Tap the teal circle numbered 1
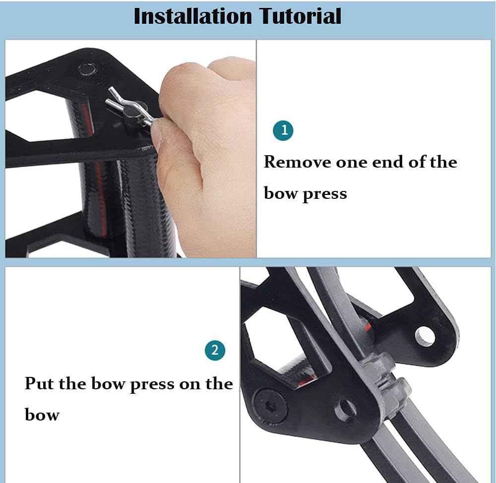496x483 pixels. (284, 130)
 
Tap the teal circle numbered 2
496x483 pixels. (215, 350)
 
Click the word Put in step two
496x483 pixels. (39, 384)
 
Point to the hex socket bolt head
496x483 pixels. (270, 404)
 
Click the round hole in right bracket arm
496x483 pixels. (425, 337)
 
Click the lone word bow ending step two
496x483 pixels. (42, 414)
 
